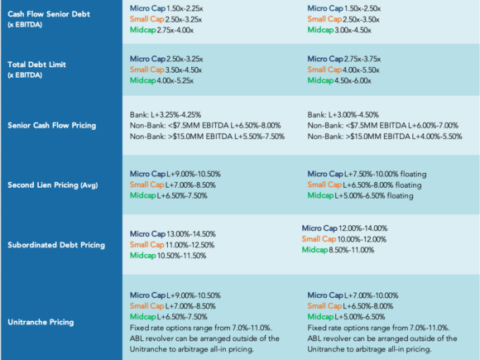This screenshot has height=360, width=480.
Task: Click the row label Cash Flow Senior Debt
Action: click(x=49, y=14)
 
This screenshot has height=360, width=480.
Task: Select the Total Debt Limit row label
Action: click(x=36, y=65)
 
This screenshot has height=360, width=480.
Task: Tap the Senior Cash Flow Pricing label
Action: click(x=52, y=126)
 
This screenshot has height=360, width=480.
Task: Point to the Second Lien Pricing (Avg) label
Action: click(x=53, y=185)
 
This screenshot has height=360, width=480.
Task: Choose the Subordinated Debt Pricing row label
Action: click(x=56, y=245)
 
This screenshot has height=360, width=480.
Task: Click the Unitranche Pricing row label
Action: click(x=41, y=322)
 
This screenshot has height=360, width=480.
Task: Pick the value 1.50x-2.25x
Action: click(x=185, y=8)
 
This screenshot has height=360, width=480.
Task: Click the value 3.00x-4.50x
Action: click(x=353, y=30)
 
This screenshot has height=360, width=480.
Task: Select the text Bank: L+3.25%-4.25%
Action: click(x=166, y=115)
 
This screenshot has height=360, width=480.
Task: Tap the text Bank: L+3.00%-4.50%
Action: click(x=343, y=115)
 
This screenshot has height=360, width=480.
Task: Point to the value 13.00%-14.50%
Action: click(x=191, y=234)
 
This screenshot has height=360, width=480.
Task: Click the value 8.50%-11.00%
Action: click(x=352, y=250)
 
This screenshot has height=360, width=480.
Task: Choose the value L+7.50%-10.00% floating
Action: click(x=386, y=174)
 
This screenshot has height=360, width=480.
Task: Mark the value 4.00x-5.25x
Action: click(x=175, y=80)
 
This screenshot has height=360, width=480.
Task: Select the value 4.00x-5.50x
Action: click(x=361, y=70)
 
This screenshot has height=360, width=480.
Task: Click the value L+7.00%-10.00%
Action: click(x=372, y=295)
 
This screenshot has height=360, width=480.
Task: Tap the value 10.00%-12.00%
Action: click(x=362, y=239)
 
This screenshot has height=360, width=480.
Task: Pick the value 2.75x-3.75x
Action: click(x=362, y=59)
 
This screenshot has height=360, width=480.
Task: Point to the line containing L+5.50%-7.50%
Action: click(x=207, y=137)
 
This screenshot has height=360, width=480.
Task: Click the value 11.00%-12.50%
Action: click(x=190, y=245)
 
